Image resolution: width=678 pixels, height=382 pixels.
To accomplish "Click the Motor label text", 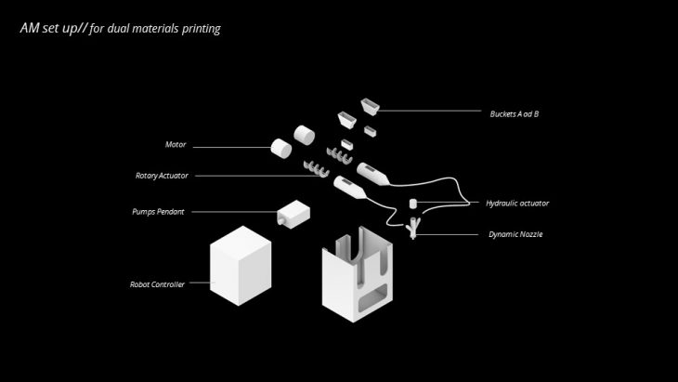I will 176,145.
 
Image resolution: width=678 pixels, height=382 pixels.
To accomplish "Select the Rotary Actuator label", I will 160,175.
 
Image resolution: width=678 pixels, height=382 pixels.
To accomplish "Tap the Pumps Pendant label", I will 158,212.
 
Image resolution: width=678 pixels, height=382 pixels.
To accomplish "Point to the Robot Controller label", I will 156,283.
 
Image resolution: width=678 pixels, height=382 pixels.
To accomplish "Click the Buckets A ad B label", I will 515,114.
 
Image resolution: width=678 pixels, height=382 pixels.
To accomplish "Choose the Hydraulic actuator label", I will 517,203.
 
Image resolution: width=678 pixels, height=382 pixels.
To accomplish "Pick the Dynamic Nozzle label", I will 515,234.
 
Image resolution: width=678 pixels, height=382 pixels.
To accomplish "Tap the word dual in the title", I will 119,29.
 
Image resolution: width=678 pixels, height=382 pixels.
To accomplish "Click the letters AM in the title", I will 29,29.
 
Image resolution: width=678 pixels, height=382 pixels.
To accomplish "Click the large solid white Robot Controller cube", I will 241,266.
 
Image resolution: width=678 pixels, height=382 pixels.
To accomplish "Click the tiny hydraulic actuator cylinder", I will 414,203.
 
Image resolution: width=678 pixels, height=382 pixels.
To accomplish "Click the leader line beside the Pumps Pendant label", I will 232,212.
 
